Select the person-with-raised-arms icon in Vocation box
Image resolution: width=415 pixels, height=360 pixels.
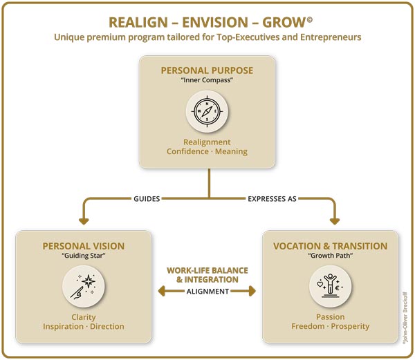tap(331, 285)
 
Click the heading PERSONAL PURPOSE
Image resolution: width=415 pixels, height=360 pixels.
tap(207, 70)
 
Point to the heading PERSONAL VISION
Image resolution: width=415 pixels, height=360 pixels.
tap(84, 246)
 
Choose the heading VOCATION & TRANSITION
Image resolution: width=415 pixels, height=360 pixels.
tap(331, 246)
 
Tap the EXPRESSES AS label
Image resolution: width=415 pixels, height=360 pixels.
tap(272, 198)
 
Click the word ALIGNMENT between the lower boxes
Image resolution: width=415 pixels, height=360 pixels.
tap(207, 292)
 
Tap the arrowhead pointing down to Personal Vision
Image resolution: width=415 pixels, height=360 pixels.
tap(84, 220)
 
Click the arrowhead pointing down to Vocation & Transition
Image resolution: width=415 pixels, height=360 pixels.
tap(334, 220)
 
